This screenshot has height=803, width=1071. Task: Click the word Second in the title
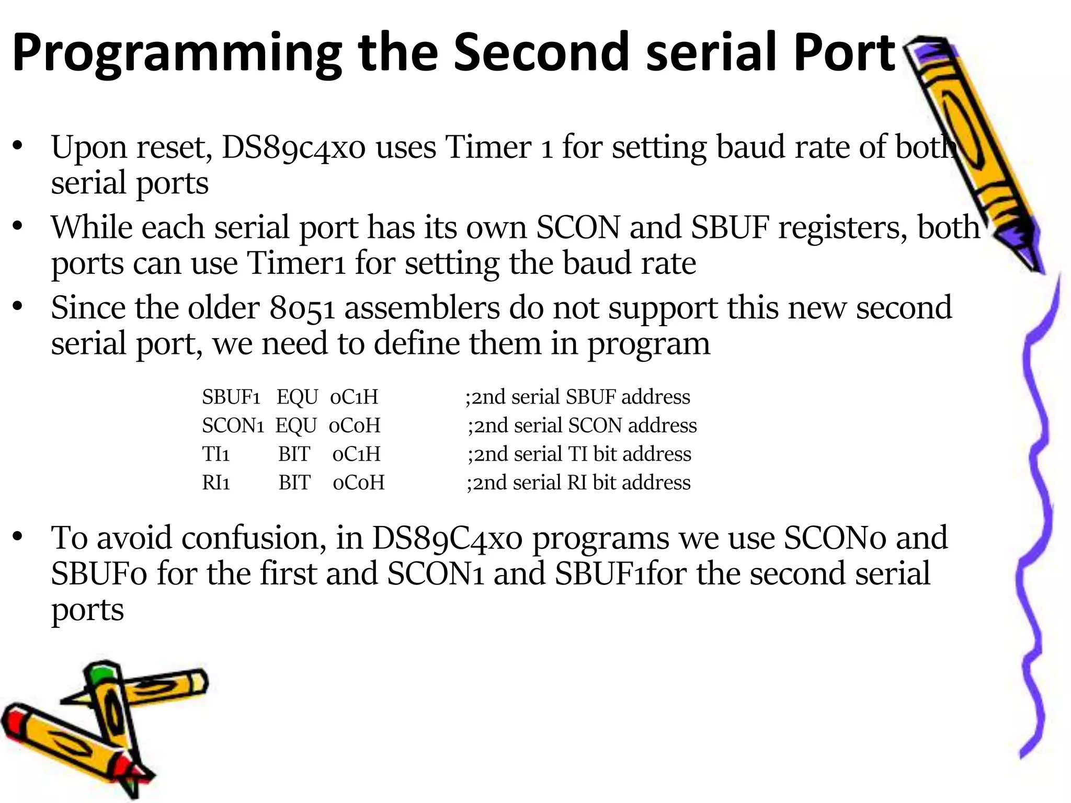click(x=544, y=52)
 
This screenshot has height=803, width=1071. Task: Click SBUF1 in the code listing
click(x=231, y=397)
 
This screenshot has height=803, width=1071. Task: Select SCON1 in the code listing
click(x=233, y=426)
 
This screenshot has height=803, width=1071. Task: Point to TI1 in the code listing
click(x=215, y=454)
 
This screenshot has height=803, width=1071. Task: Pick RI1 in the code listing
click(x=216, y=483)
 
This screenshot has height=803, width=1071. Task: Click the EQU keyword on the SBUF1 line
click(x=297, y=397)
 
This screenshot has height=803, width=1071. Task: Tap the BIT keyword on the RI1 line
click(x=294, y=483)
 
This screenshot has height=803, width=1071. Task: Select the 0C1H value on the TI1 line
click(x=356, y=454)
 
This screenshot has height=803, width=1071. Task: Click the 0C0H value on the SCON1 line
click(x=354, y=426)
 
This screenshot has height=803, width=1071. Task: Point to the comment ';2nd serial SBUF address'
click(x=577, y=397)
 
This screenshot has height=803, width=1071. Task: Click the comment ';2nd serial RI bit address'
click(x=578, y=483)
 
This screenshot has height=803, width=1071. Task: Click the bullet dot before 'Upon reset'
click(x=18, y=146)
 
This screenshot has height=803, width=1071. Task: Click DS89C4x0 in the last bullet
click(x=447, y=538)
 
